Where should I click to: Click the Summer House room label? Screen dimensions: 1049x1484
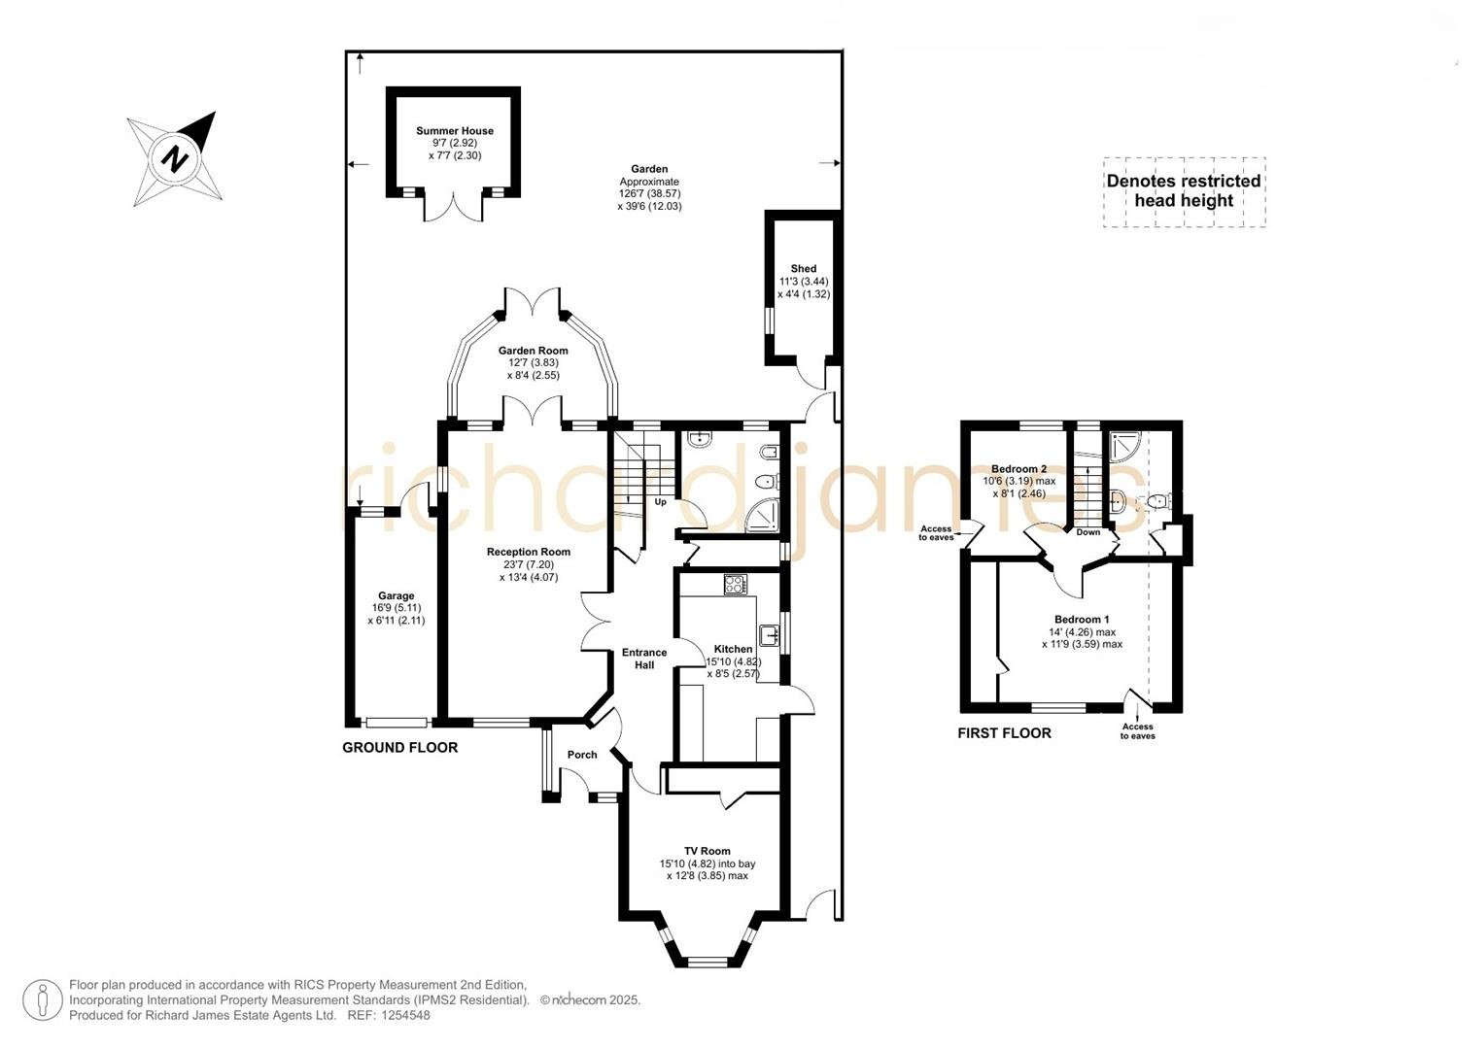click(x=454, y=131)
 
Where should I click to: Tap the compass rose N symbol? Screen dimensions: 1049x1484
click(x=175, y=157)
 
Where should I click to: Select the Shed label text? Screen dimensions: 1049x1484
click(x=803, y=269)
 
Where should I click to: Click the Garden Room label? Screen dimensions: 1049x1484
click(x=533, y=351)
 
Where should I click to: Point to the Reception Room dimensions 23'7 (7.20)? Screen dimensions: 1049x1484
click(x=529, y=564)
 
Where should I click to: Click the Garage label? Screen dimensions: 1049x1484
click(x=396, y=596)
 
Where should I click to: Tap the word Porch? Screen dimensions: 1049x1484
click(x=582, y=755)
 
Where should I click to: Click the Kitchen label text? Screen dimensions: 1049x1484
click(x=733, y=649)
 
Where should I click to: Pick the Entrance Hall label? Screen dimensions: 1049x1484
click(x=644, y=659)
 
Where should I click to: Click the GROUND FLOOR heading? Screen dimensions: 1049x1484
click(x=399, y=748)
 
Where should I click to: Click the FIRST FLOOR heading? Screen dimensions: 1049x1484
click(x=1004, y=733)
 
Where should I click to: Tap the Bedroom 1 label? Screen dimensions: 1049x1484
click(x=1082, y=620)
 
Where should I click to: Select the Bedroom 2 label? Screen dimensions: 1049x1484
click(x=1018, y=469)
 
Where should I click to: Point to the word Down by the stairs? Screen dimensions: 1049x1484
click(x=1088, y=532)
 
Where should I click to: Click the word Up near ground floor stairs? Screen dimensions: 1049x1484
click(x=660, y=502)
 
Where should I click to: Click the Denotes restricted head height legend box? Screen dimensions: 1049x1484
click(x=1184, y=191)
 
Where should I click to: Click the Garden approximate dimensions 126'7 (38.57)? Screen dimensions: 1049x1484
click(x=649, y=193)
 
